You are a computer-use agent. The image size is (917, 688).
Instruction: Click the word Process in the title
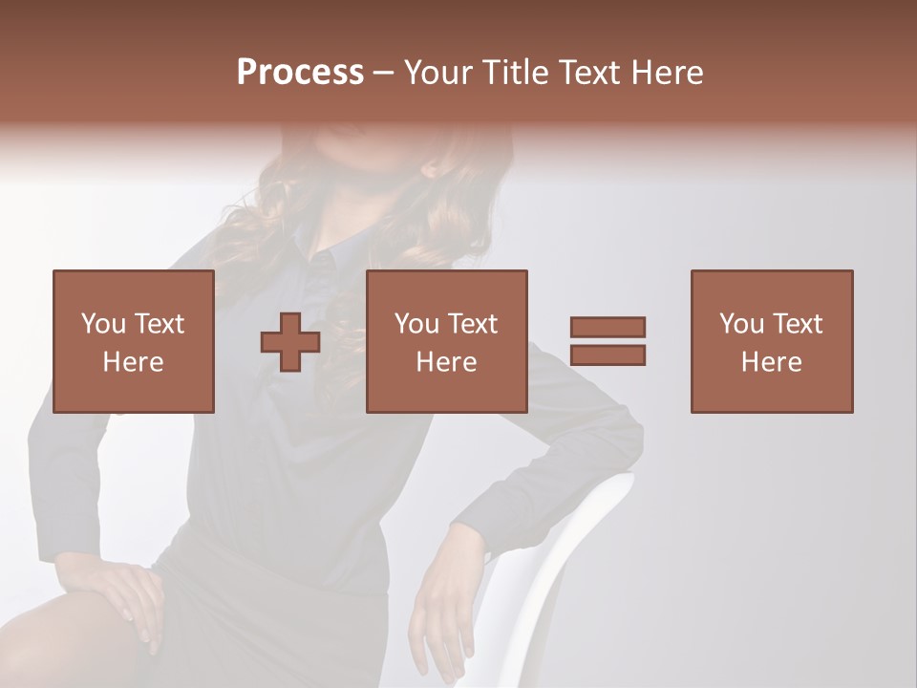[x=300, y=73]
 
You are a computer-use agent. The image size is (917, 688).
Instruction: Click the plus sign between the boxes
[x=290, y=341]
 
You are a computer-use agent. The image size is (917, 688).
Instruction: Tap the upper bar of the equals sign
[x=608, y=327]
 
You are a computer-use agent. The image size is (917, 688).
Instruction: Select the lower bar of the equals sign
[x=608, y=355]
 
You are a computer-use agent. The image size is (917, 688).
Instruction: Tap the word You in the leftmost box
[x=102, y=324]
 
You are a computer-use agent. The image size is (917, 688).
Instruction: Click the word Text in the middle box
[x=473, y=324]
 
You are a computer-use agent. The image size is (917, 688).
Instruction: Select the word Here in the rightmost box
[x=771, y=362]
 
